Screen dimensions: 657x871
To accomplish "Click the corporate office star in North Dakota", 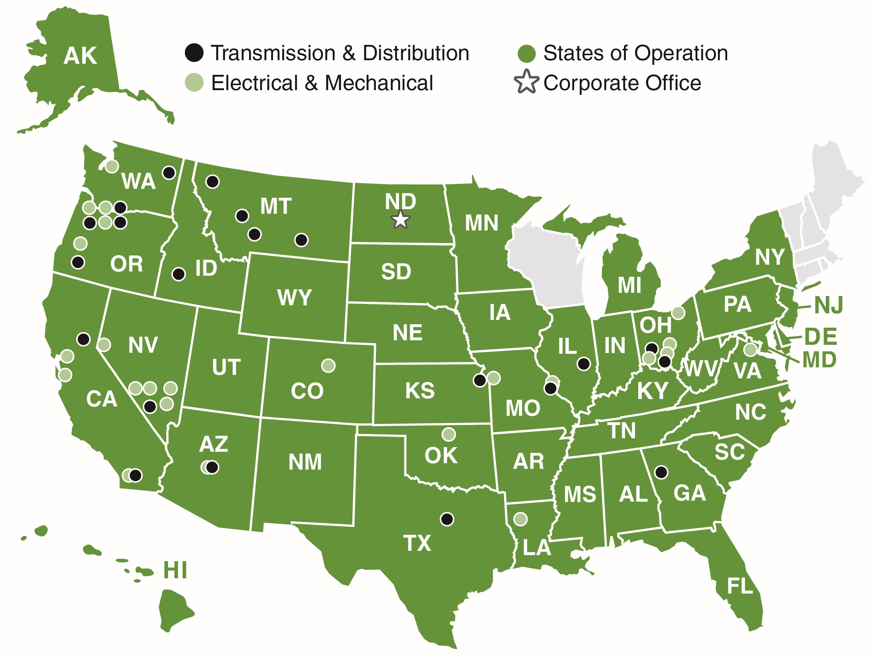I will point(400,219).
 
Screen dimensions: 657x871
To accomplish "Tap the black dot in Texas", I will point(447,519).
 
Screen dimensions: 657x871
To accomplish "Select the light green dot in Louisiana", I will point(520,519).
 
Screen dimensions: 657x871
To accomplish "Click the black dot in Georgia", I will point(661,472).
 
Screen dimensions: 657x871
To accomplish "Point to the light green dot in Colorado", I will point(328,365).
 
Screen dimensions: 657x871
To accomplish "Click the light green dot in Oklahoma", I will point(448,434).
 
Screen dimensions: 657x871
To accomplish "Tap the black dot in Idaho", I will point(178,274).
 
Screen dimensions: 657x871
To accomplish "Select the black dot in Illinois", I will point(583,363).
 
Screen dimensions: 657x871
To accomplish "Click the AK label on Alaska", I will point(80,56).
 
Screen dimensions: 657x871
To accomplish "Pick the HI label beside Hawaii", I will point(175,570).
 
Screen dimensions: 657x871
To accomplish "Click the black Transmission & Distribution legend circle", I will point(194,53).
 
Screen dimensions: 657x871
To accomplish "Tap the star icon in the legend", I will point(526,82).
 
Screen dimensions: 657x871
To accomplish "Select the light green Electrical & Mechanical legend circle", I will point(194,82).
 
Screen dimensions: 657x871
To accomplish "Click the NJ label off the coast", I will point(829,305).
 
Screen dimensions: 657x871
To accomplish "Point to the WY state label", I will point(294,297).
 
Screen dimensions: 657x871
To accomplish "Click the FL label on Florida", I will point(740,586).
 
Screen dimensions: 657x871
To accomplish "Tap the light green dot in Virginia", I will point(750,349).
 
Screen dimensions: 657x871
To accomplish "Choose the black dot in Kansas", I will point(479,380).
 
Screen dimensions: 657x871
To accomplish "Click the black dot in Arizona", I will point(212,467).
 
